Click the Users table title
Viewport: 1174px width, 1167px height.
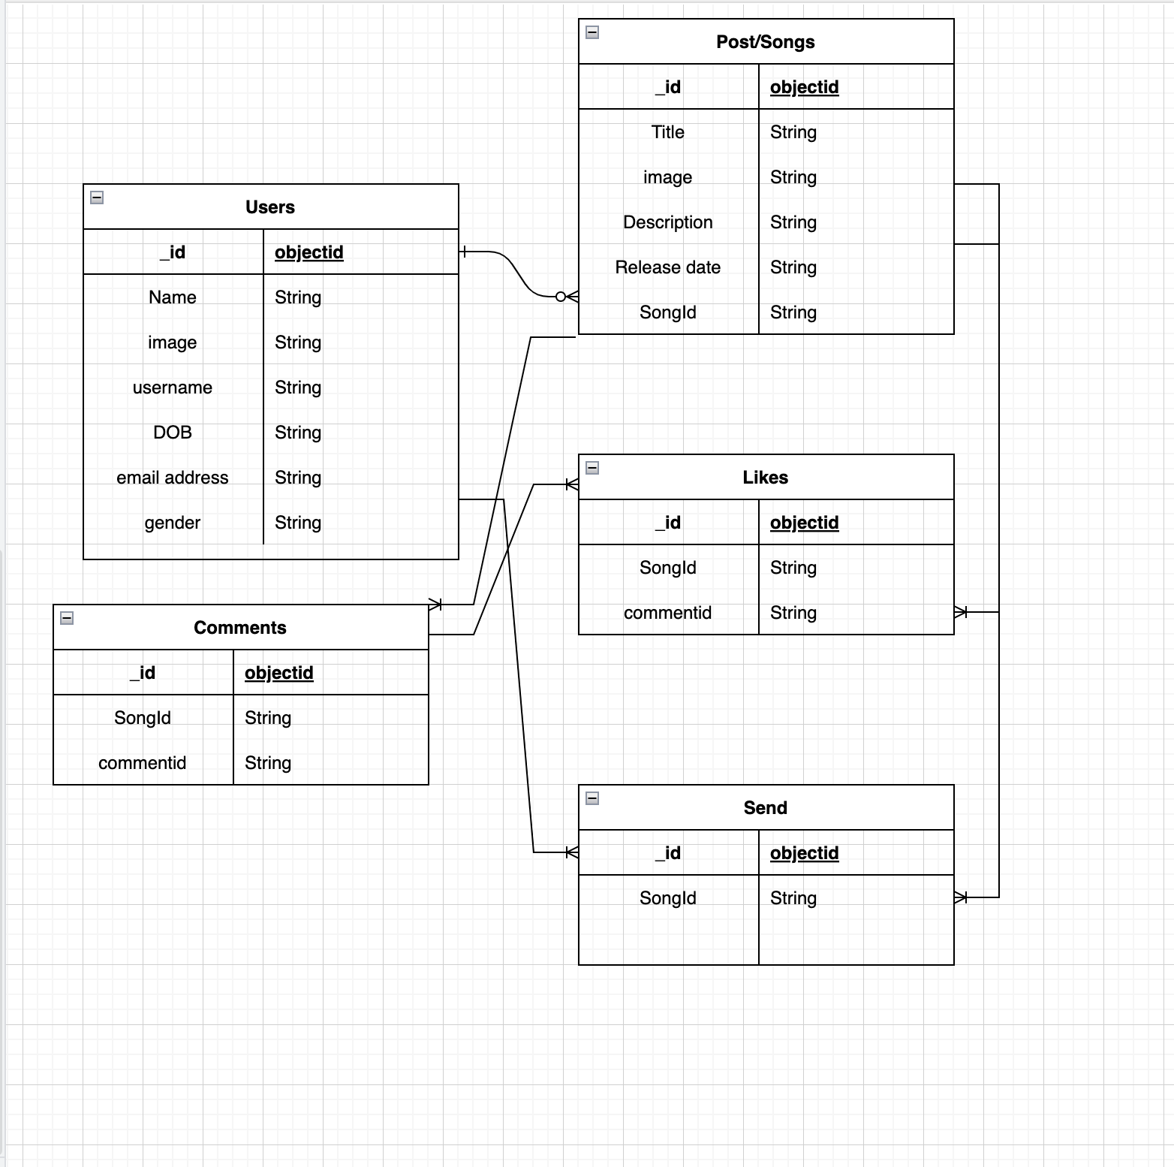tap(270, 207)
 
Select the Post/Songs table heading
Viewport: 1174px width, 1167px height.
tap(765, 42)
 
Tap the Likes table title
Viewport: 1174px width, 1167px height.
tap(765, 478)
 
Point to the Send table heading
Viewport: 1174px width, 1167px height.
tap(765, 808)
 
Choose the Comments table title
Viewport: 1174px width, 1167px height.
tap(240, 628)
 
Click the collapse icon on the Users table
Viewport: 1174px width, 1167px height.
tap(97, 198)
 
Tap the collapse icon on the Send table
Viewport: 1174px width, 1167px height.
tap(592, 798)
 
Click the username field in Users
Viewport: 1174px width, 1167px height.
tap(173, 387)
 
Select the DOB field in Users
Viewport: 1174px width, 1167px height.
tap(173, 433)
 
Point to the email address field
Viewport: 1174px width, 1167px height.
tap(173, 478)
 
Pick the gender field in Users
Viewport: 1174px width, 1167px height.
tap(173, 523)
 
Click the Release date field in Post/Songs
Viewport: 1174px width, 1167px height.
tap(667, 267)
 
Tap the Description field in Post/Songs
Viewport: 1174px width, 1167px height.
tap(667, 222)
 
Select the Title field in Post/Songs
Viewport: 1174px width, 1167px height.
tap(667, 132)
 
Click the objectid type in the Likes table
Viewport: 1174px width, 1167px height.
tap(804, 523)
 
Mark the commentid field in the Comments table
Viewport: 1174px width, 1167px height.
tap(143, 763)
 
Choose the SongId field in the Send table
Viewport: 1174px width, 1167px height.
tap(667, 898)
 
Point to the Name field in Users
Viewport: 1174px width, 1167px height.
tap(173, 297)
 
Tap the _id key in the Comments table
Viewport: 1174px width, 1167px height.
tap(143, 673)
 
